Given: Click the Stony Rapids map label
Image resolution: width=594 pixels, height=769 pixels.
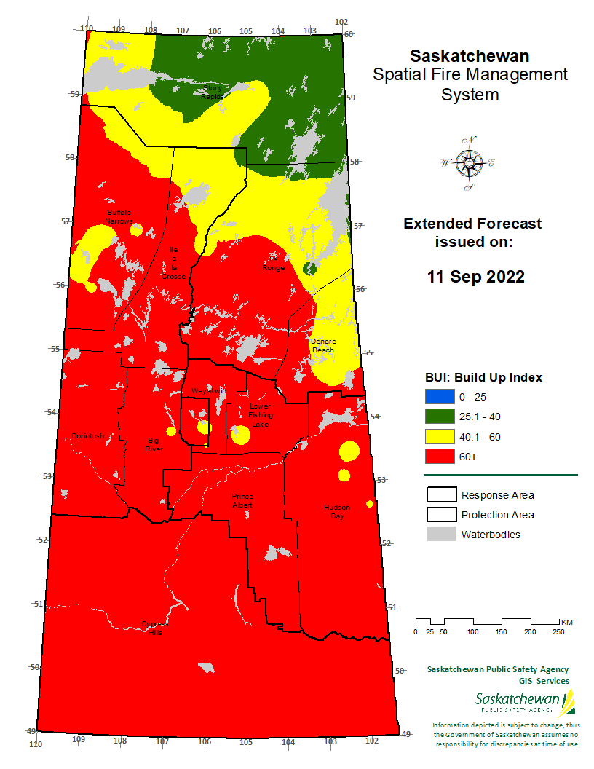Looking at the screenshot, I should (x=212, y=92).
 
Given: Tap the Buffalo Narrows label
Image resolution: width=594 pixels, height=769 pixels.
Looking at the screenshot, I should (x=120, y=216).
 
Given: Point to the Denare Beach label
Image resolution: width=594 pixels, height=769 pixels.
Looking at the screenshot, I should (x=322, y=345).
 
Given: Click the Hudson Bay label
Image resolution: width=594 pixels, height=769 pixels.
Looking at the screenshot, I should (x=336, y=511).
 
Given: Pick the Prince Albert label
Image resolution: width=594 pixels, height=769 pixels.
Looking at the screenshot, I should (x=242, y=500).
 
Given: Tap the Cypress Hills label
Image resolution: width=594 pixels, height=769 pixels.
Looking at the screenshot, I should (x=154, y=628).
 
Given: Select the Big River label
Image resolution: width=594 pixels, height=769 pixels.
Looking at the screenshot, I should (x=153, y=444).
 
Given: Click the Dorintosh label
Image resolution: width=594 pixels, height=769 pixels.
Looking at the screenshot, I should (x=88, y=436).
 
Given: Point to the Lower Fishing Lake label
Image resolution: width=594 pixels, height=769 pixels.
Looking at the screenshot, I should (x=260, y=415).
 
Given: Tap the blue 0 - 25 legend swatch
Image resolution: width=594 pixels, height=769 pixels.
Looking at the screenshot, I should (x=438, y=397).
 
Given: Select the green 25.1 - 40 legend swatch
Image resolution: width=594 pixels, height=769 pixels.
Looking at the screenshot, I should (x=438, y=417).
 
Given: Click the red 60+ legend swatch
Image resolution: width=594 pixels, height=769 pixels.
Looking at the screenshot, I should (x=438, y=457).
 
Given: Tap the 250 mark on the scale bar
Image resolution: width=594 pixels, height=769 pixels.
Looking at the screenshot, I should (x=558, y=631).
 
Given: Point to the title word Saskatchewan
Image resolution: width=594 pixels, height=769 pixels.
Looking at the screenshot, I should (x=470, y=56).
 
